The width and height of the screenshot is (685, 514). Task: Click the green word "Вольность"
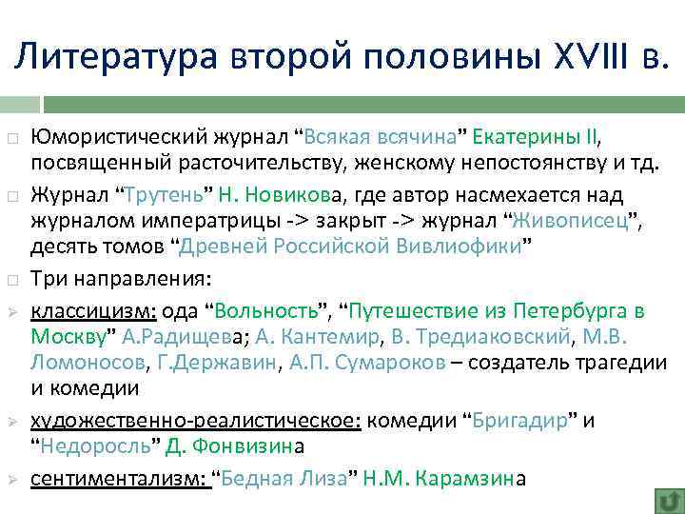tap(271, 310)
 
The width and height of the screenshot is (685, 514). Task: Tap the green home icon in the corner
tap(669, 500)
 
